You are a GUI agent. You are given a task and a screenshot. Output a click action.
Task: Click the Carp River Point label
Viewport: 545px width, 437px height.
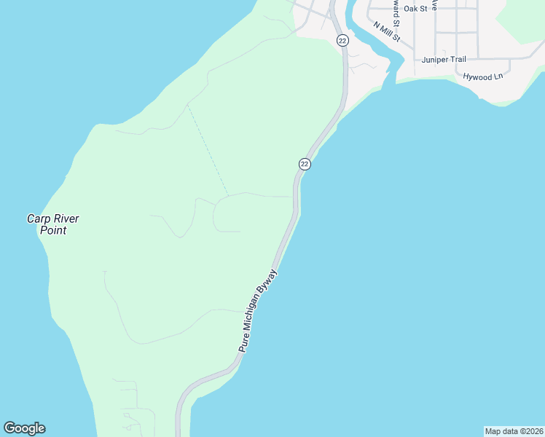52,224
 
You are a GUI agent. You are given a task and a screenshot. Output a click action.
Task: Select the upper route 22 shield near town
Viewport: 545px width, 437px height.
342,40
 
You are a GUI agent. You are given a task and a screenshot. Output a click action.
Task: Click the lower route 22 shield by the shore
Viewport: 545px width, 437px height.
305,164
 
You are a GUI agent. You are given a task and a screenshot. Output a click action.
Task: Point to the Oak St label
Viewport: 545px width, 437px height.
415,9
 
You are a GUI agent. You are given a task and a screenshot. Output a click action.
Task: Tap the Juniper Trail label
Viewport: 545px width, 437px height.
443,60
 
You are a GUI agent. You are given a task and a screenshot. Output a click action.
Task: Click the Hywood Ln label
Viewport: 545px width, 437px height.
483,76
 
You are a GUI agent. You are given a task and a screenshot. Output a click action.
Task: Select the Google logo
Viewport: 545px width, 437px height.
24,428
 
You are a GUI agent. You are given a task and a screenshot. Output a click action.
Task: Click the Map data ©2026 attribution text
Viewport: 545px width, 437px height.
514,431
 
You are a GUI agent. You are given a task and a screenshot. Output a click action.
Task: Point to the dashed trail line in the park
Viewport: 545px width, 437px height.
208,151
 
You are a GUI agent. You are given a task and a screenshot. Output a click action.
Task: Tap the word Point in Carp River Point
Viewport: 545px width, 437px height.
53,231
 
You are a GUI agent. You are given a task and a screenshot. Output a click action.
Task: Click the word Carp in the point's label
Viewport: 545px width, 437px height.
38,219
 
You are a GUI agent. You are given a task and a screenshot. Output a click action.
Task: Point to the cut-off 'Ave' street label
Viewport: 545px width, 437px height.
434,4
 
